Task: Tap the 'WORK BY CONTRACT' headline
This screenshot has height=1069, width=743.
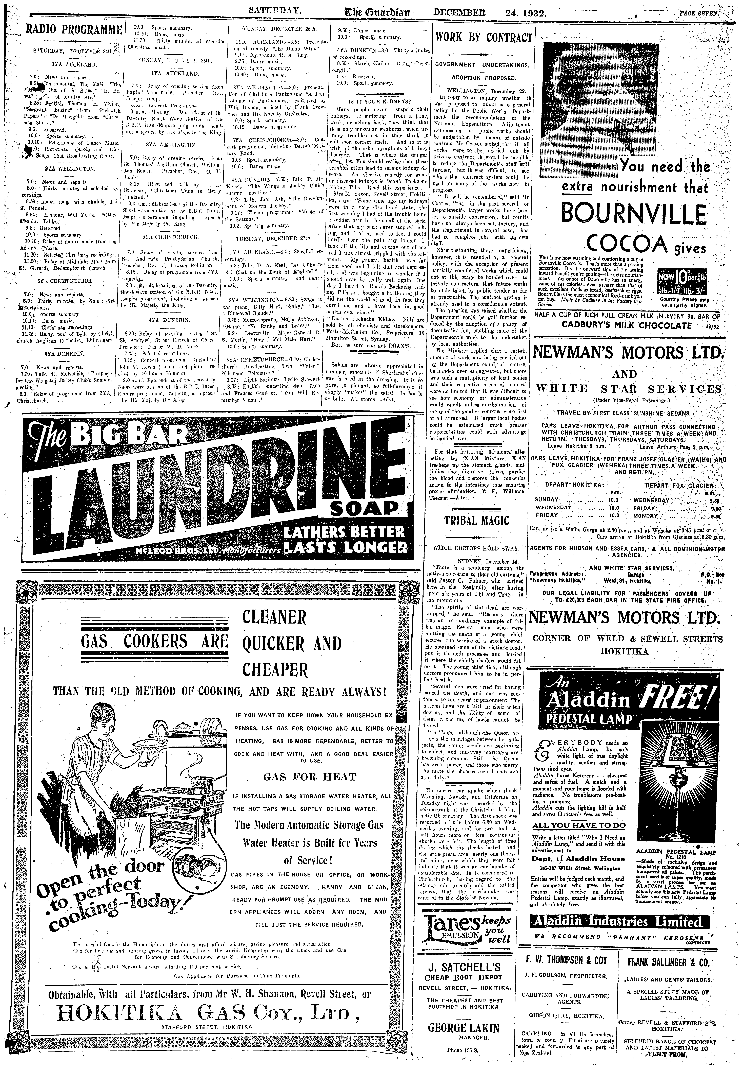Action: [483, 38]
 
